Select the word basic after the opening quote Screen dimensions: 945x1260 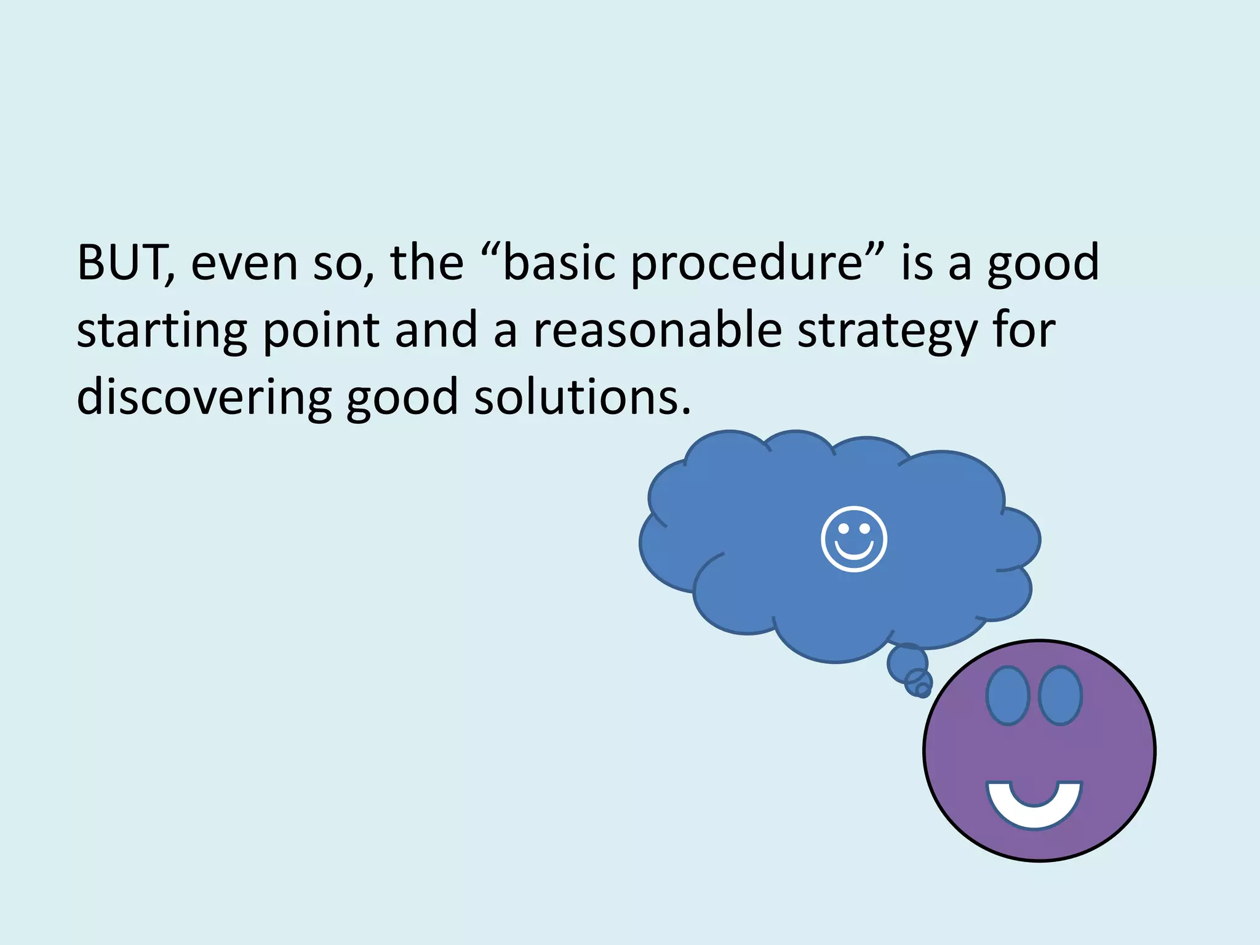pyautogui.click(x=559, y=263)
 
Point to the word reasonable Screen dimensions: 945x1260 pyautogui.click(x=657, y=330)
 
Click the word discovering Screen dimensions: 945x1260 pyautogui.click(x=204, y=397)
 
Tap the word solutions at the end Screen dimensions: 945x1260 pyautogui.click(x=582, y=397)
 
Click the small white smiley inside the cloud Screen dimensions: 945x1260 pyautogui.click(x=854, y=539)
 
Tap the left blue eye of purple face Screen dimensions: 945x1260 pyautogui.click(x=1007, y=695)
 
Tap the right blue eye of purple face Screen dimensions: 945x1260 pyautogui.click(x=1060, y=695)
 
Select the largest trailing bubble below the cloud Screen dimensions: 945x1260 pyautogui.click(x=907, y=663)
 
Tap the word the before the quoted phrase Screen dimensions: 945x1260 pyautogui.click(x=426, y=263)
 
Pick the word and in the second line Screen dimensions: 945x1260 pyautogui.click(x=436, y=330)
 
